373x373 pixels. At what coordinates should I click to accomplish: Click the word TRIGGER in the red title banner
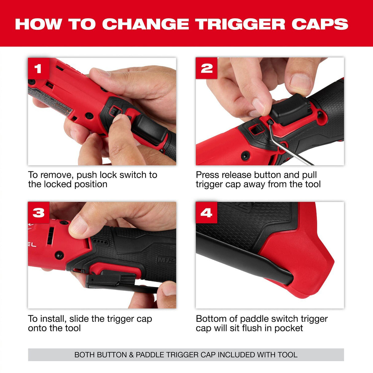coord(240,24)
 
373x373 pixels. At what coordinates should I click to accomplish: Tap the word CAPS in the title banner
coord(320,24)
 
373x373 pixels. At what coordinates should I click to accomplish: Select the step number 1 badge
coord(38,68)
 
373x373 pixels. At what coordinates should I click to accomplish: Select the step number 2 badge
coord(206,68)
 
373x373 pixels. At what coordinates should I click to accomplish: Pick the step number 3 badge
coord(38,213)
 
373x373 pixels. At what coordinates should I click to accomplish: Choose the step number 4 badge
coord(206,213)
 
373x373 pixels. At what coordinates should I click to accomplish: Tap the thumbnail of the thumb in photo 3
coord(78,225)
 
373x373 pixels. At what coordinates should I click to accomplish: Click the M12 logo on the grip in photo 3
coord(166,260)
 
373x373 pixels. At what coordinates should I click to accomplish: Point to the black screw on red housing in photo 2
coord(245,155)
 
